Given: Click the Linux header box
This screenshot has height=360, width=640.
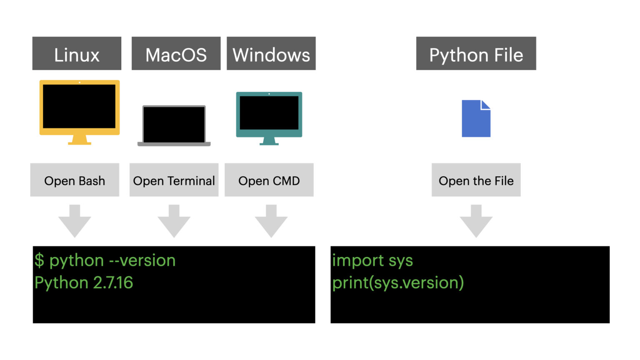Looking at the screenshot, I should [x=77, y=53].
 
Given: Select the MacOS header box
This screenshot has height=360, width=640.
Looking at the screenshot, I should [x=176, y=53].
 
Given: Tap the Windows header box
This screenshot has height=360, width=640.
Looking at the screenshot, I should [x=271, y=53].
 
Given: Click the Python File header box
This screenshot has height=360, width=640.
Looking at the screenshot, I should [x=476, y=53].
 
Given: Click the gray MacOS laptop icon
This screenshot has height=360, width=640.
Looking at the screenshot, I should [x=174, y=125].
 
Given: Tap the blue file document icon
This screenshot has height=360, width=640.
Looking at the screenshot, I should [x=476, y=119].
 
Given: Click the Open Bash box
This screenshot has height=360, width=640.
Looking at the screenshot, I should [x=75, y=180].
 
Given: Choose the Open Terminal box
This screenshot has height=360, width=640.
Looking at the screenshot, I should [x=174, y=180].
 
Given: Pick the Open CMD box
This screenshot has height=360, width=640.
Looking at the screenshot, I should [x=269, y=180].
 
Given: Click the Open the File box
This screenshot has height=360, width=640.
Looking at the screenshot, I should [x=476, y=180].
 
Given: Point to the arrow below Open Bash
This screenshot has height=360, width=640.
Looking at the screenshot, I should [x=75, y=221].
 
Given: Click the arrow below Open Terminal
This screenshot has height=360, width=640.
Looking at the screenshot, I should [x=174, y=221].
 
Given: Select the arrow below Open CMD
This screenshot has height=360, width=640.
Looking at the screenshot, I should [x=271, y=221].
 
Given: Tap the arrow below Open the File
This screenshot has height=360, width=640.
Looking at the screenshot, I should [x=476, y=221].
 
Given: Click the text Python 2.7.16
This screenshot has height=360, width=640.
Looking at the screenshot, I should [x=84, y=283].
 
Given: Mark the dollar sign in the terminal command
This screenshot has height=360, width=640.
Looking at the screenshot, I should [x=39, y=260].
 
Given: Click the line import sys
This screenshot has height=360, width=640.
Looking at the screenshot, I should [x=372, y=260].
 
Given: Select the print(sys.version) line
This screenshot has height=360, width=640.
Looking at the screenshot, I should [x=398, y=283].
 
